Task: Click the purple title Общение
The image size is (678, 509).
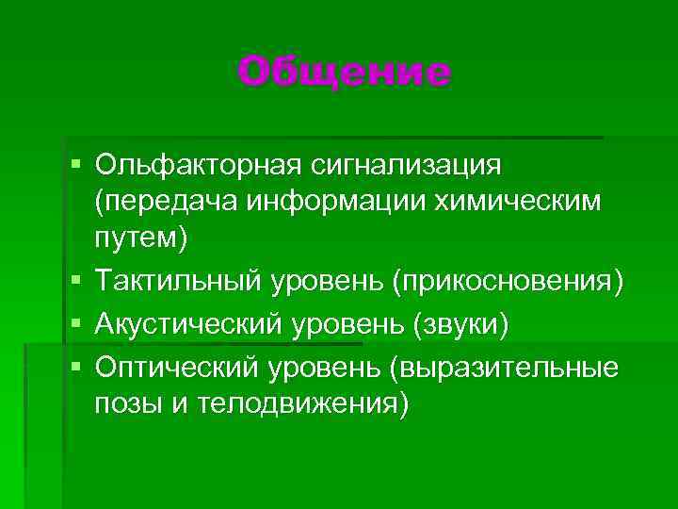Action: pyautogui.click(x=345, y=71)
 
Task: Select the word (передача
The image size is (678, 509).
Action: pyautogui.click(x=161, y=203)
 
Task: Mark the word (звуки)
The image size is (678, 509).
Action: pyautogui.click(x=459, y=324)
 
